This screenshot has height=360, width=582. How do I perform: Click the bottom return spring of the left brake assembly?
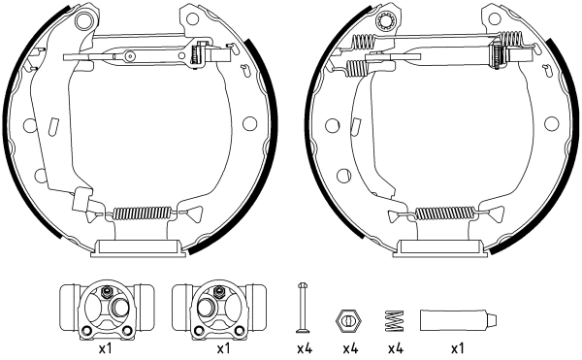click(142, 213)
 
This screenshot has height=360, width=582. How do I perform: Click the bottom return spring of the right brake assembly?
click(445, 213)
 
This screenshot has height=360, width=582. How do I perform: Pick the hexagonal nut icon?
click(348, 320)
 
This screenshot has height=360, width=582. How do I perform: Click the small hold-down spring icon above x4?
click(395, 320)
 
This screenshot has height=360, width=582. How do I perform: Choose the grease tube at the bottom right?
click(458, 320)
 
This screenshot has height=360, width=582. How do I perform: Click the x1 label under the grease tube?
click(457, 348)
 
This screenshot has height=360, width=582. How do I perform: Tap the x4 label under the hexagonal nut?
click(350, 348)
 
